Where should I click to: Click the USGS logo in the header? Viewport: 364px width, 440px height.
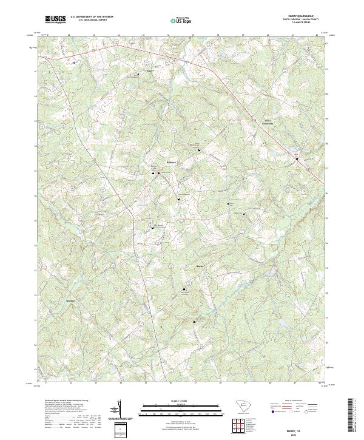pyautogui.click(x=55, y=19)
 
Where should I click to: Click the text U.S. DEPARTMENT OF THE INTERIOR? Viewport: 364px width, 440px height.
pyautogui.click(x=92, y=16)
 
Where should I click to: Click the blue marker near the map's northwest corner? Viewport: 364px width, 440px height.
pyautogui.click(x=75, y=61)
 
